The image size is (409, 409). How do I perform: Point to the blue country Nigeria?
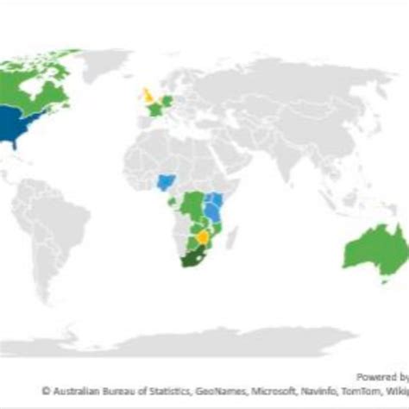pos(165,183)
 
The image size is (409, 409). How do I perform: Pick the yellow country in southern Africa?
pos(202,236)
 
